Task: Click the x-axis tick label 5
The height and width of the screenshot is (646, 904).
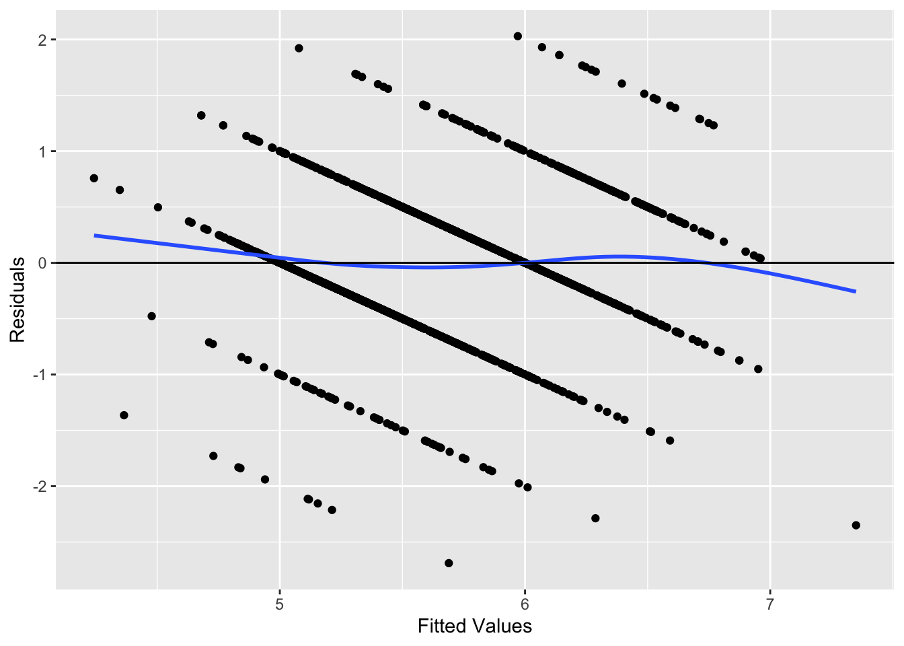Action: point(279,604)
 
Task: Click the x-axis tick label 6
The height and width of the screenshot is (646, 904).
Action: point(525,604)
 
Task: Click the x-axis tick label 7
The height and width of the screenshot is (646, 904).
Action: point(770,604)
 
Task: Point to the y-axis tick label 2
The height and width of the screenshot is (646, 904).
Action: point(42,40)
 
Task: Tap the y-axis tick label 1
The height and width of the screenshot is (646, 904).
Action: point(42,151)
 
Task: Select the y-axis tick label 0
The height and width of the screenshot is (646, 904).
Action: point(42,263)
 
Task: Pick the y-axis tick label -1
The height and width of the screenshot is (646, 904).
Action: point(40,375)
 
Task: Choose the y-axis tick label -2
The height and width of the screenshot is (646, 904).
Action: point(40,487)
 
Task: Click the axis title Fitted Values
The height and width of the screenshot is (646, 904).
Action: point(474,626)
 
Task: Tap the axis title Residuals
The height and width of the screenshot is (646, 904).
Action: point(17,299)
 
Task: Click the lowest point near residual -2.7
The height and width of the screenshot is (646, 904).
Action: point(449,563)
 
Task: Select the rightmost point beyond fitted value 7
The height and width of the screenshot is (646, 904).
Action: point(856,525)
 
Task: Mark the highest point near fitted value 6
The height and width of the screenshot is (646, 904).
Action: point(517,36)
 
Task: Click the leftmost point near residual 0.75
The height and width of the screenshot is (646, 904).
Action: point(93,178)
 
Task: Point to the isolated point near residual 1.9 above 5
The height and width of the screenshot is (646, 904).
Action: point(299,48)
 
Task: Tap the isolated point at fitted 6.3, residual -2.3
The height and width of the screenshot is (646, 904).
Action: point(595,518)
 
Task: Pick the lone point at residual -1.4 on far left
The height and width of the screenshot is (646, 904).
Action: point(124,415)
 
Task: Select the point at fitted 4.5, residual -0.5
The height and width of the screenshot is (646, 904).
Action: point(151,316)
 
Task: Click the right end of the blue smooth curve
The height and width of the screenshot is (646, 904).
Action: point(856,291)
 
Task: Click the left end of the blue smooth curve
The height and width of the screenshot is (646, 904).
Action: point(94,236)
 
